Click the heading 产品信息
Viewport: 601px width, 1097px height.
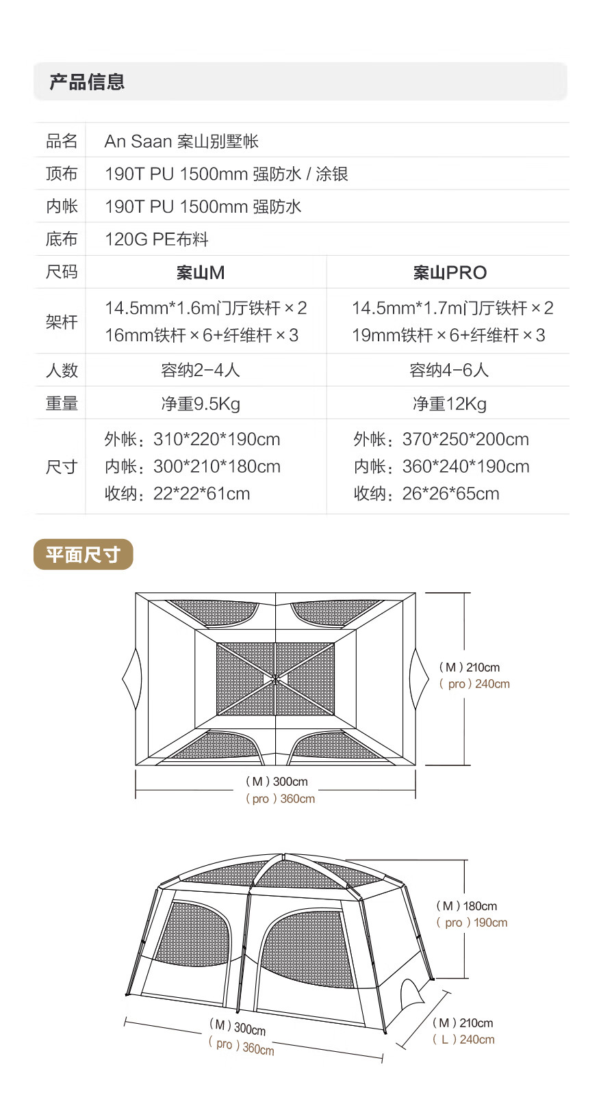click(87, 82)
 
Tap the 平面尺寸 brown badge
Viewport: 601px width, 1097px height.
click(83, 555)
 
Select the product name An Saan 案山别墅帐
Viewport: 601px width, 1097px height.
click(181, 141)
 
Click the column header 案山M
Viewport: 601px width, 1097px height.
click(201, 273)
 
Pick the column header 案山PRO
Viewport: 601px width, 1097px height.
click(450, 273)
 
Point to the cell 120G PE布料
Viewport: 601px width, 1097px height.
click(156, 239)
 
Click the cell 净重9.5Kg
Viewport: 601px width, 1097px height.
click(201, 404)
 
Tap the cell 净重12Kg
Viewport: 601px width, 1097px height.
click(450, 404)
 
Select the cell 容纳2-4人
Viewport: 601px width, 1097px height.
click(201, 370)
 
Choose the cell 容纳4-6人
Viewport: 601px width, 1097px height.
click(449, 370)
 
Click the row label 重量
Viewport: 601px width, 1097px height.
click(62, 404)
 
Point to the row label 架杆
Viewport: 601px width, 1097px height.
click(62, 321)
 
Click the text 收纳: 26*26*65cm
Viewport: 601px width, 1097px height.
click(426, 494)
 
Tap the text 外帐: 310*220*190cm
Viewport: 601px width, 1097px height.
click(192, 439)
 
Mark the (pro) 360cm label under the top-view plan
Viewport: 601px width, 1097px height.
click(281, 799)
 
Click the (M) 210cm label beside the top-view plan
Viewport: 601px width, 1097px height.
click(470, 668)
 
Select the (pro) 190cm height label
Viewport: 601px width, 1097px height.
click(472, 923)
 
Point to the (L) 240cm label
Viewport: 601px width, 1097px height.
click(463, 1040)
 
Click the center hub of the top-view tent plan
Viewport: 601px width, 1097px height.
click(275, 679)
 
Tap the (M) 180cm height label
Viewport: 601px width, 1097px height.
click(467, 906)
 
